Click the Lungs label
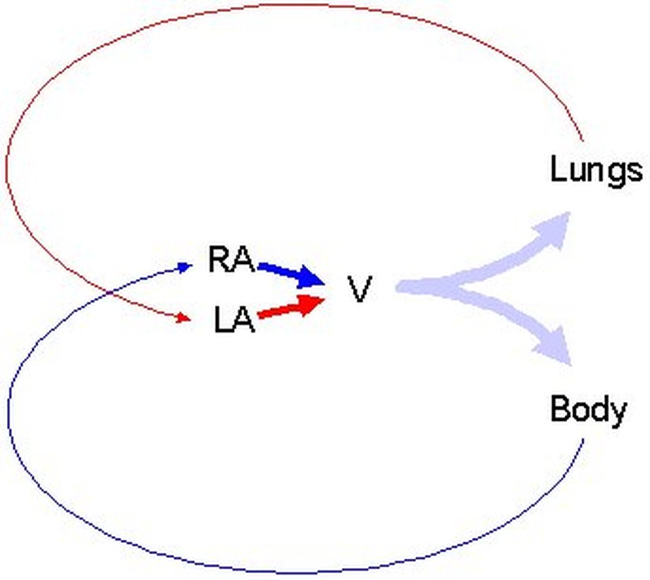click(x=595, y=170)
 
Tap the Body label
click(x=588, y=410)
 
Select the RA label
click(x=230, y=260)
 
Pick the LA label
click(x=234, y=320)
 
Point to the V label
click(x=359, y=289)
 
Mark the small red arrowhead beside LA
click(x=184, y=318)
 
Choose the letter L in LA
click(x=222, y=320)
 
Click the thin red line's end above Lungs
click(x=584, y=144)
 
